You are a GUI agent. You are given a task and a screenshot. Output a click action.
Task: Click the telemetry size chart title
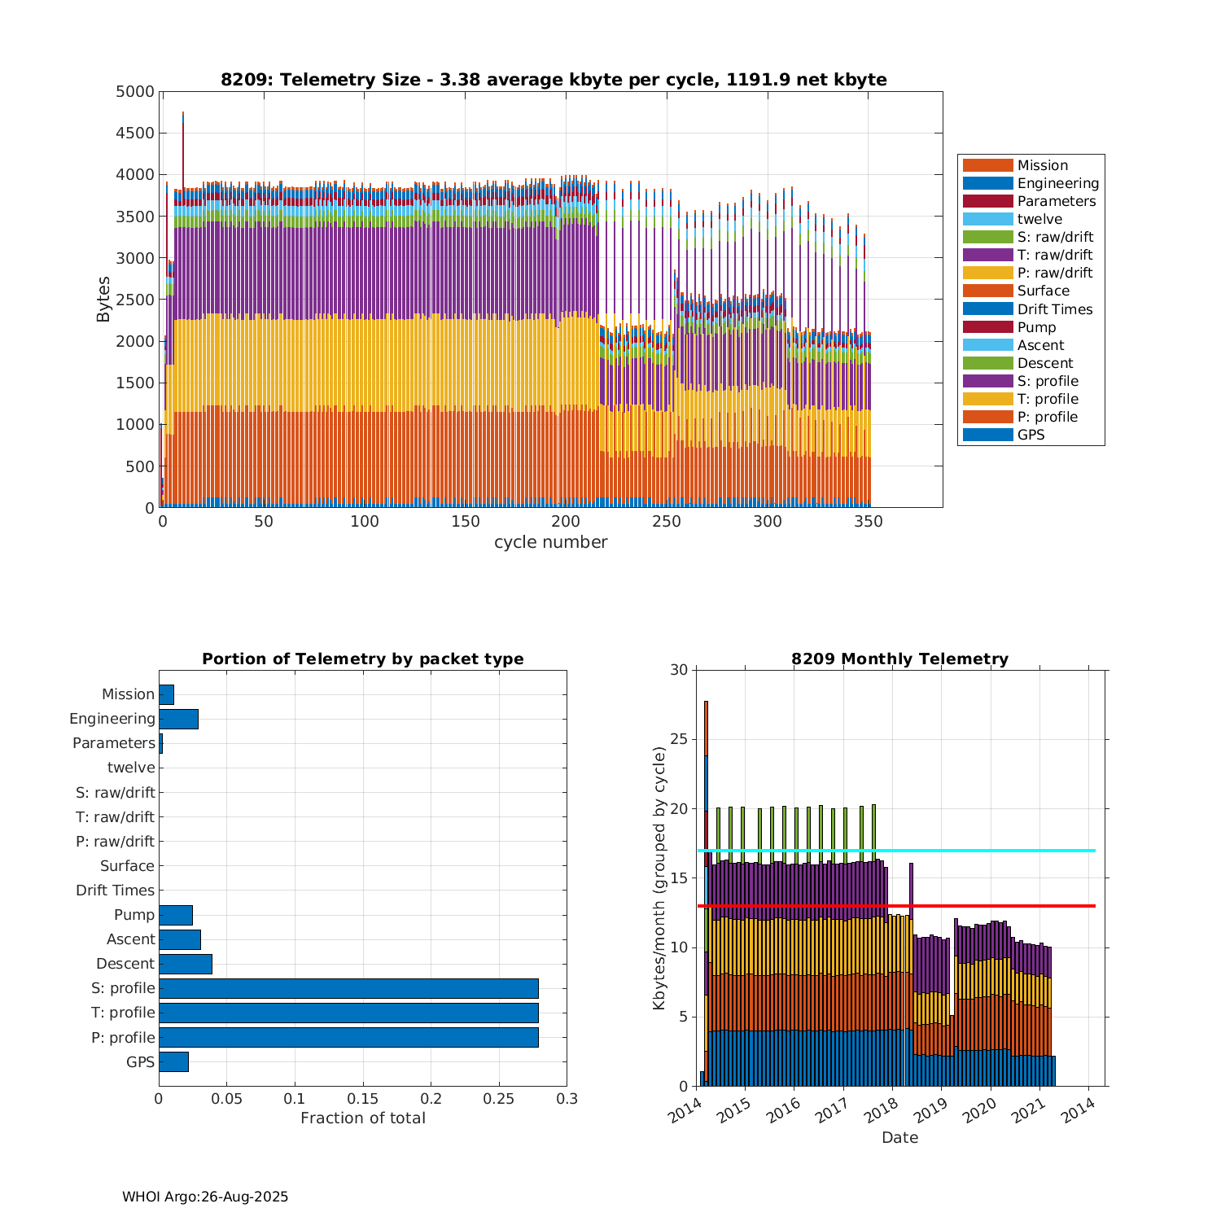554,80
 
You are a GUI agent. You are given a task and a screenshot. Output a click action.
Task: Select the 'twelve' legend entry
1039,219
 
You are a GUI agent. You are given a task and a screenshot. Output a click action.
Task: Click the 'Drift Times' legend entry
1054,309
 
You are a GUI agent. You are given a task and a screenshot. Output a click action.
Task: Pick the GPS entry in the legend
1031,435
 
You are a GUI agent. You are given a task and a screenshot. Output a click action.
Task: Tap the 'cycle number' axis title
550,542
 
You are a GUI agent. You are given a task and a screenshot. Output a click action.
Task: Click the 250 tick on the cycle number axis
667,522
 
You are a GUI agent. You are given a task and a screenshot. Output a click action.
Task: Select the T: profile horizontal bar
348,1013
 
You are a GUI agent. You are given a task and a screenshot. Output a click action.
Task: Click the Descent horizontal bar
186,964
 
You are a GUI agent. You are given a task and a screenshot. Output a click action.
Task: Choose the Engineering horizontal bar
178,719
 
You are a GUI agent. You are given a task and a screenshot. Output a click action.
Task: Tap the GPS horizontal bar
173,1061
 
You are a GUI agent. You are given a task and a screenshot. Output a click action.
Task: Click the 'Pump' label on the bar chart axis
134,915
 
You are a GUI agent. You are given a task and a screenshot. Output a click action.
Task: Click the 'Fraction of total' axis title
363,1118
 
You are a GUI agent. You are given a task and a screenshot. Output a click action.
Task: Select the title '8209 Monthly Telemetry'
899,659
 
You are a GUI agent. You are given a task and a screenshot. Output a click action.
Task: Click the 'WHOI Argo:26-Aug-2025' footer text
205,1197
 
